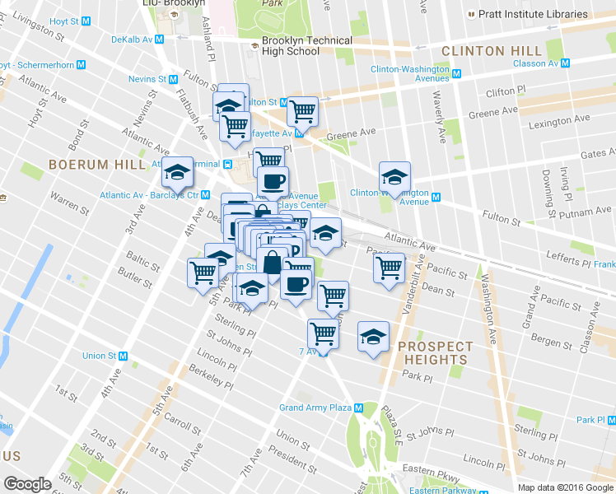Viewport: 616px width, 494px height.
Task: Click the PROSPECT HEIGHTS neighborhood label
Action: [x=435, y=353]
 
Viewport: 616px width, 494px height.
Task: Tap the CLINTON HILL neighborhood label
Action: [x=484, y=51]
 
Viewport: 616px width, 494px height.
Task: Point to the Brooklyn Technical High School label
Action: [x=306, y=46]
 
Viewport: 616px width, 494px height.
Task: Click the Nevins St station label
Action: [x=148, y=79]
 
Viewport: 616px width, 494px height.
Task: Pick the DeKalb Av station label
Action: [x=132, y=39]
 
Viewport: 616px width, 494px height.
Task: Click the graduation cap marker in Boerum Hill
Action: [x=177, y=173]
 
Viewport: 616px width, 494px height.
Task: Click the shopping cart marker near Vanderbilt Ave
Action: [x=389, y=268]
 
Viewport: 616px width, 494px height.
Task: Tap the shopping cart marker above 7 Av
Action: [x=323, y=334]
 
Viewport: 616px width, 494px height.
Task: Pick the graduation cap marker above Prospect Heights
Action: [x=373, y=337]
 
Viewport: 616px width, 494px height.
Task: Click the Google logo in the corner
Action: [x=28, y=484]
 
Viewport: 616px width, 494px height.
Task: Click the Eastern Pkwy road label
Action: [x=438, y=470]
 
